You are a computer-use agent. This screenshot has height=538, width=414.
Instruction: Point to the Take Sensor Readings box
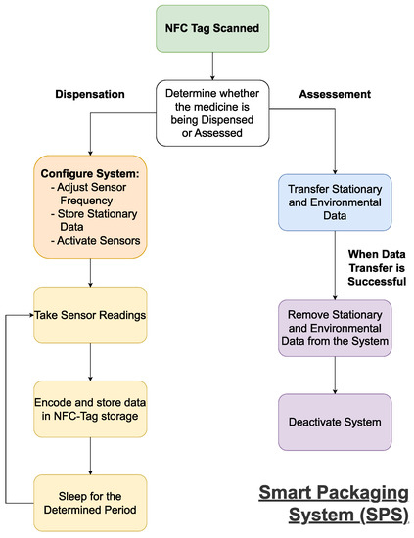90,315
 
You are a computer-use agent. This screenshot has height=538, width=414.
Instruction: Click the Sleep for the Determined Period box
90,502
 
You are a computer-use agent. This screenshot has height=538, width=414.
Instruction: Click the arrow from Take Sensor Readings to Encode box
90,362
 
